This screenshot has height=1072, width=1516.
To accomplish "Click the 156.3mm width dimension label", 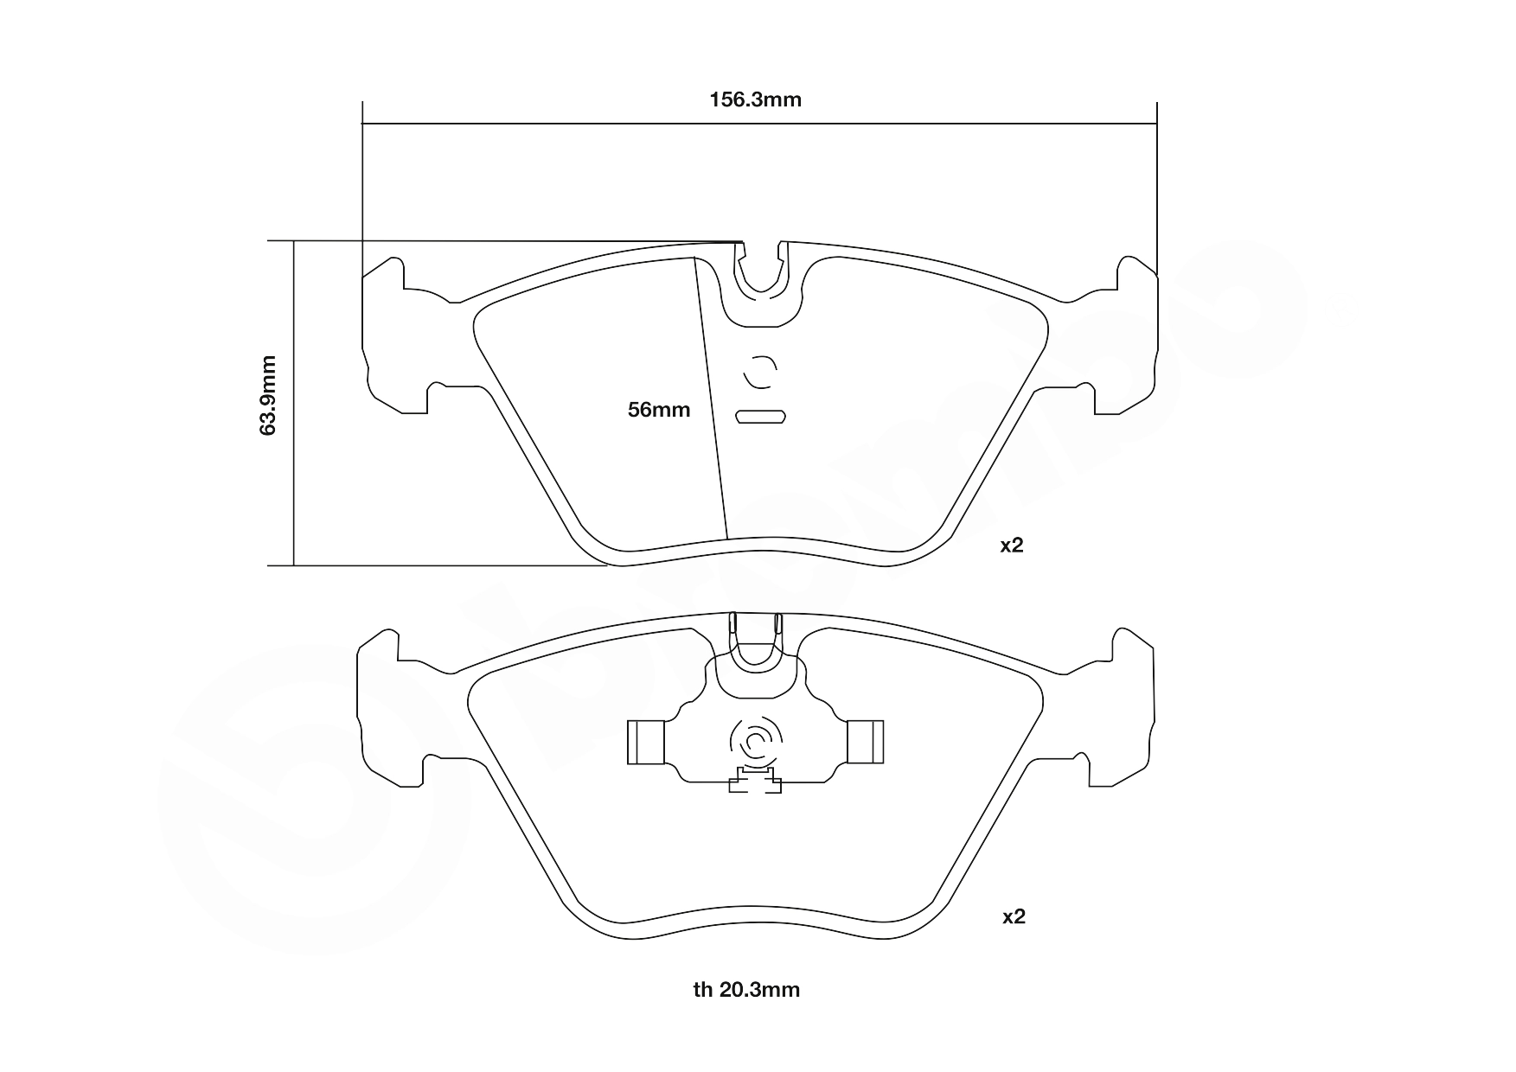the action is (755, 99).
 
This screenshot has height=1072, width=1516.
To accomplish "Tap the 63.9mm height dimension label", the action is (269, 394).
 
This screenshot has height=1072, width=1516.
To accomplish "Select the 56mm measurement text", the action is (659, 410).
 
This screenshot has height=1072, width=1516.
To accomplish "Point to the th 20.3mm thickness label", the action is (746, 990).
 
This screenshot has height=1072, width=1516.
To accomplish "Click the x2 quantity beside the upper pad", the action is (1012, 546).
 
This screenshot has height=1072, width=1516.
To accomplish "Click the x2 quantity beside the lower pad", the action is (1014, 916).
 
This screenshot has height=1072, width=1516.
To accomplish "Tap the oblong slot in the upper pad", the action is (760, 417).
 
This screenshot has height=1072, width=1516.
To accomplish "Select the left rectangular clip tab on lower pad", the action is (645, 743).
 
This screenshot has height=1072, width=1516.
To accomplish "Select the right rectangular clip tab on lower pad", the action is (865, 743).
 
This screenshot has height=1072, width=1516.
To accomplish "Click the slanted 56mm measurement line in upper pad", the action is (711, 398).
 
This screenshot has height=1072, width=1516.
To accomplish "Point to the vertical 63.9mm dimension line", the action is (294, 404).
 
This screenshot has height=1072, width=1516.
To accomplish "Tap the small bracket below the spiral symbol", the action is (756, 781).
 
